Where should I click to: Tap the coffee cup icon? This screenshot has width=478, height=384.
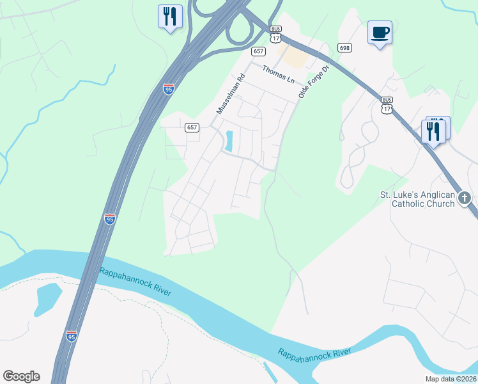(380, 32)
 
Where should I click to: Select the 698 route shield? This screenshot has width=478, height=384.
(345, 48)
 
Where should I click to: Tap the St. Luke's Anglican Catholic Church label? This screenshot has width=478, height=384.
(417, 199)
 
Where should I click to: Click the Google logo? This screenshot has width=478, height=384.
(21, 376)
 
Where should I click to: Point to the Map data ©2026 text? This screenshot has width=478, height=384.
(450, 379)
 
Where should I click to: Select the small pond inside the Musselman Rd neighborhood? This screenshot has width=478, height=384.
(228, 141)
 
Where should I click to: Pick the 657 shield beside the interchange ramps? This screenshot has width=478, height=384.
(258, 51)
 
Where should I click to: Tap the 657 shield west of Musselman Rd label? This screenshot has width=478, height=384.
(192, 127)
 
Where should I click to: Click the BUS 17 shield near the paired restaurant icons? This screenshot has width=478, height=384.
(387, 105)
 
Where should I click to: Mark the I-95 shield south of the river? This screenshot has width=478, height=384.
(71, 335)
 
